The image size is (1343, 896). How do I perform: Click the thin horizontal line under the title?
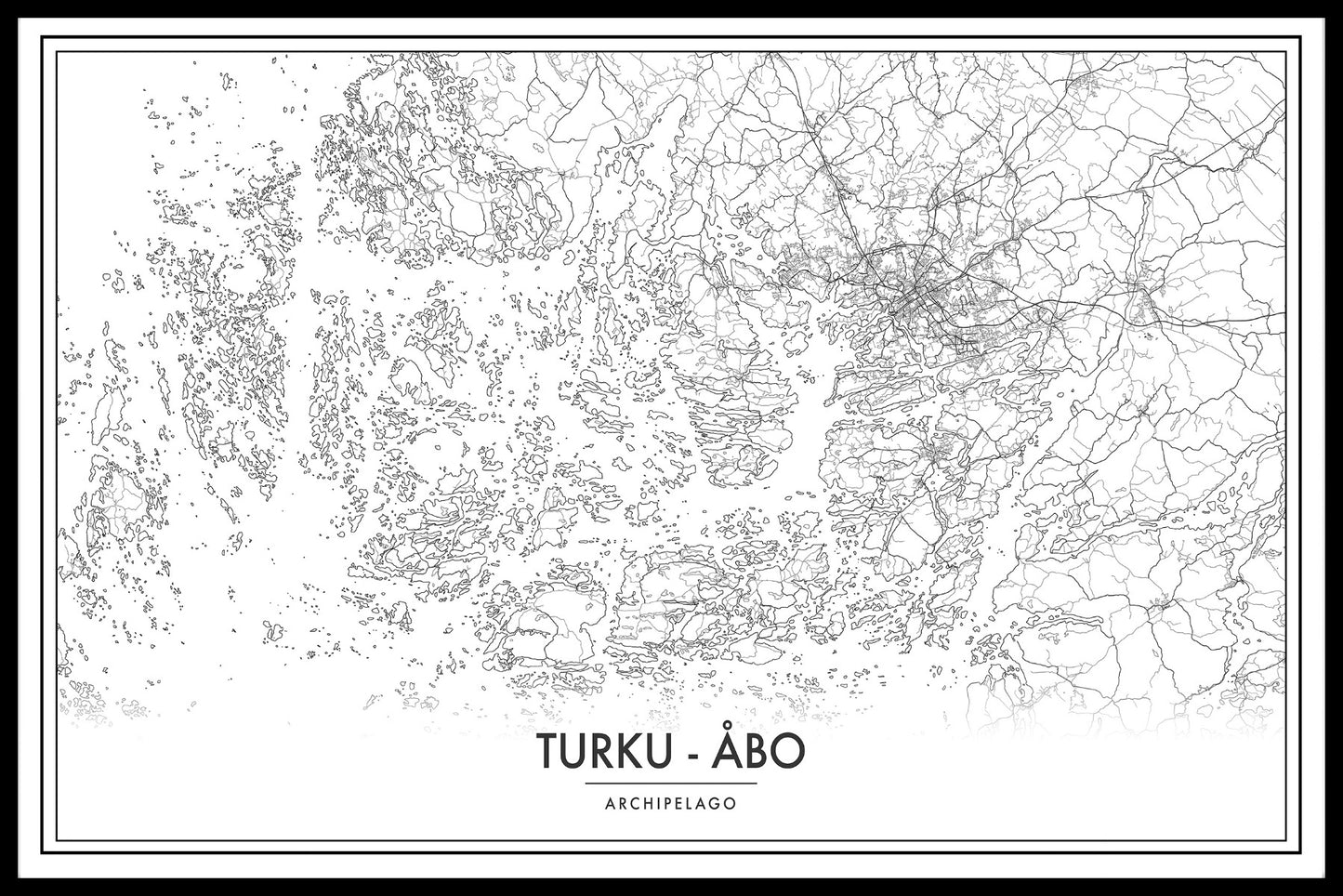click(671, 784)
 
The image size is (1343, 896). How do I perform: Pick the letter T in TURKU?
click(546, 754)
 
